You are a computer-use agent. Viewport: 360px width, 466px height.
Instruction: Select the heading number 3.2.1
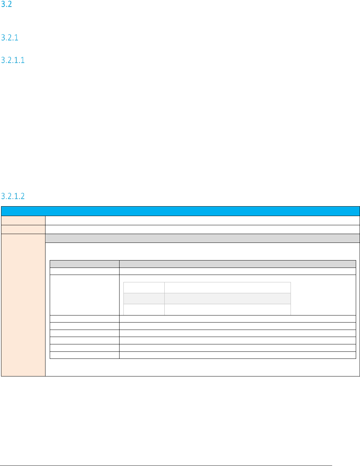[x=10, y=38]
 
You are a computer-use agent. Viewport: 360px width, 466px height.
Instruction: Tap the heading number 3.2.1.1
[x=13, y=60]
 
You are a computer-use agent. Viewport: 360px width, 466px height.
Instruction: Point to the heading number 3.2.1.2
[x=13, y=196]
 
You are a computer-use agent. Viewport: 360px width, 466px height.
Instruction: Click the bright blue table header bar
[x=180, y=211]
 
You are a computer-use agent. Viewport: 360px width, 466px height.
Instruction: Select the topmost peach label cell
[x=23, y=220]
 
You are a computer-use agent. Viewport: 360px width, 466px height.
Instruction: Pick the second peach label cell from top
[x=23, y=229]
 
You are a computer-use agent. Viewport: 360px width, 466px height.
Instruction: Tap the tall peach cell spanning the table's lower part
[x=23, y=305]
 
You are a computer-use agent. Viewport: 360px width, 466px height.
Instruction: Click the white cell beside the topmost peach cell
[x=202, y=220]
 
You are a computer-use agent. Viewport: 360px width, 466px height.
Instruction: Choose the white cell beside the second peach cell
[x=202, y=229]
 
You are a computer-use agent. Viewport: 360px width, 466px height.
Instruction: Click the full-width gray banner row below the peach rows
[x=202, y=238]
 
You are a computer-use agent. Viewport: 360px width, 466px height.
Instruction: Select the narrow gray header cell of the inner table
[x=85, y=264]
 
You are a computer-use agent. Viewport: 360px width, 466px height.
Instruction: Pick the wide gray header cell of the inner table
[x=237, y=264]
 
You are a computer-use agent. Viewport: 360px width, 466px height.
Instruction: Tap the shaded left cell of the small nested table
[x=144, y=298]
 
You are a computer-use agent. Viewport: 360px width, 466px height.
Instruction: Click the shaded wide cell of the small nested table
[x=227, y=298]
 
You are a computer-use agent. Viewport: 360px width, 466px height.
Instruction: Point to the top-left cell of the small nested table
[x=144, y=287]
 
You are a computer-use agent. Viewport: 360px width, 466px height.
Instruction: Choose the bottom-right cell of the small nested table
[x=227, y=309]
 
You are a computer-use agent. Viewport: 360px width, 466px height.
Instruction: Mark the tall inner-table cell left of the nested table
[x=85, y=295]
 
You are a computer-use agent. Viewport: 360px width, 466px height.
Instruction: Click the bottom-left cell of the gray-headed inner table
[x=85, y=355]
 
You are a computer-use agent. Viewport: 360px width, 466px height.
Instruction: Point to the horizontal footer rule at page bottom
[x=166, y=466]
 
